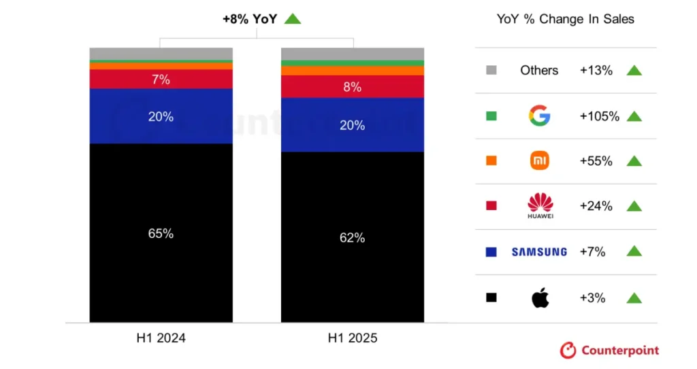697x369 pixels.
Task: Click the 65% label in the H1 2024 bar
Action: click(161, 234)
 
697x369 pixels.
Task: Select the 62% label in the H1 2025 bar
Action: click(352, 238)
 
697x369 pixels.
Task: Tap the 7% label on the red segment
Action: click(161, 80)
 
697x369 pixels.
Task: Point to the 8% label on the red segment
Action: click(352, 87)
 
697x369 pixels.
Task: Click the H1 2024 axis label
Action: click(161, 338)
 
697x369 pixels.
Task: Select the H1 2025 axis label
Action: click(353, 338)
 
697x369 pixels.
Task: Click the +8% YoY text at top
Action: click(250, 19)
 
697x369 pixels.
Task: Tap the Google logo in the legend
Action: click(539, 116)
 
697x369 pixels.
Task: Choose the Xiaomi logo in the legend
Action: click(539, 161)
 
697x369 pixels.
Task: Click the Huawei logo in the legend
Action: click(540, 206)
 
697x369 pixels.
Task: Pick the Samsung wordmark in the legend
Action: click(539, 251)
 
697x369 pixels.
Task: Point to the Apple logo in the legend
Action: click(540, 298)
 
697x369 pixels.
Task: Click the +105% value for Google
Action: click(599, 116)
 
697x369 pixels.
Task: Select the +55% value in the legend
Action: click(596, 161)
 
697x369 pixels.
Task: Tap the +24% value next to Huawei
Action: click(596, 206)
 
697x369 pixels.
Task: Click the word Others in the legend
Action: click(539, 70)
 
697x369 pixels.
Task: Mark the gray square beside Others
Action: click(491, 70)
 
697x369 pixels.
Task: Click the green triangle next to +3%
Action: click(634, 298)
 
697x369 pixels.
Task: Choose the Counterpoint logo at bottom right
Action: click(609, 350)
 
